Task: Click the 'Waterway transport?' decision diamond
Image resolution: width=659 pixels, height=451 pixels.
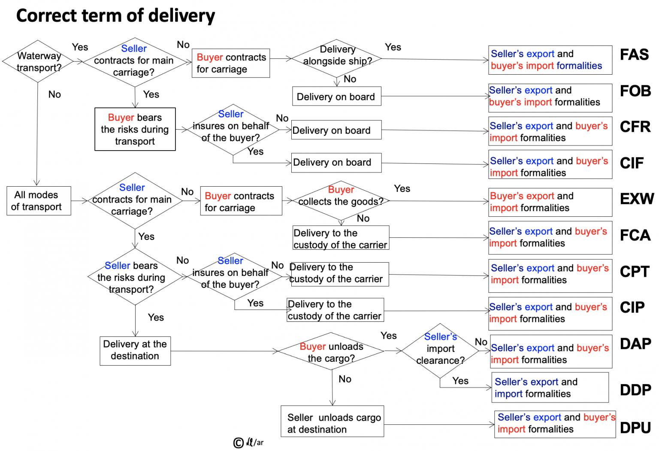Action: point(39,61)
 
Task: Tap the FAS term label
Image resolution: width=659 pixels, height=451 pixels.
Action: point(634,55)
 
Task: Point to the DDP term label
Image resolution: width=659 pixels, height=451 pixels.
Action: point(635,390)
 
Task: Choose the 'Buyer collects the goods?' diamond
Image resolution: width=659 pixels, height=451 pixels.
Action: point(341,200)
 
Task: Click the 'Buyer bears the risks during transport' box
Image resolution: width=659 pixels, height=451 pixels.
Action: point(135,129)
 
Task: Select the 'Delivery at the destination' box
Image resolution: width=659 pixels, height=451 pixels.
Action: point(135,350)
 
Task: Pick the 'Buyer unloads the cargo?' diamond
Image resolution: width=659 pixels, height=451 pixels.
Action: point(331,352)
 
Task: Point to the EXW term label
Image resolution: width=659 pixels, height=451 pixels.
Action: point(637,199)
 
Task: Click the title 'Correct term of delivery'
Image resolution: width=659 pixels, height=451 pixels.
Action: point(115,15)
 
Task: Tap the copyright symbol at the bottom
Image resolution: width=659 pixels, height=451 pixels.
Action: point(238,443)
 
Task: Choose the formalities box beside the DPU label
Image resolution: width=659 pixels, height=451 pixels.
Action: point(555,424)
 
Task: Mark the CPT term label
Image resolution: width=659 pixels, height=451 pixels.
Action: point(635,272)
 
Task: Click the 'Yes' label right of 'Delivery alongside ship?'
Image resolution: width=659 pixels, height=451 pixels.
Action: point(393,47)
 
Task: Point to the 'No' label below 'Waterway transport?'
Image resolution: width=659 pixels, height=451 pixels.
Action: point(54,94)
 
